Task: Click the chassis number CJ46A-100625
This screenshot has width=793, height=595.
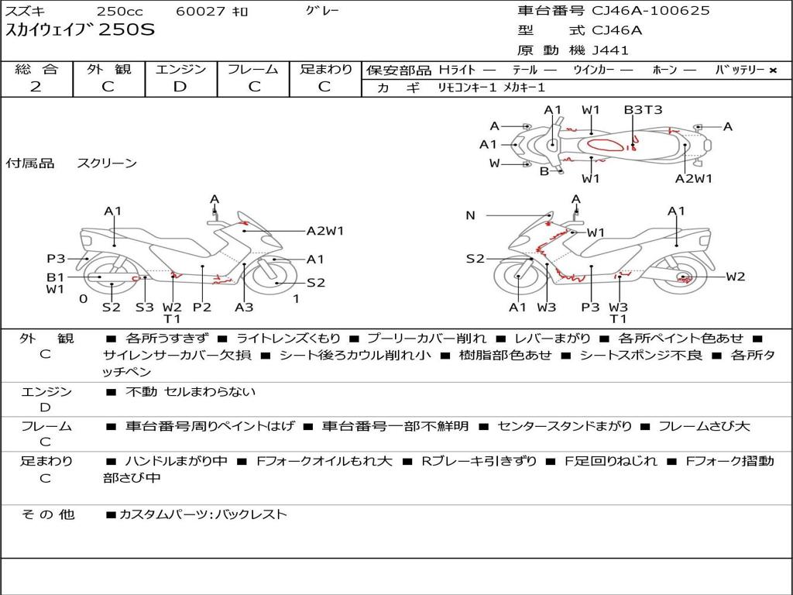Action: (x=651, y=11)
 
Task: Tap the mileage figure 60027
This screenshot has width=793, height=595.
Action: (x=200, y=11)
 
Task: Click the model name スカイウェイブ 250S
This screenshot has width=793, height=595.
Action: (x=80, y=30)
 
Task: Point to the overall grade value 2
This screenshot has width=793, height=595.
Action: (x=36, y=87)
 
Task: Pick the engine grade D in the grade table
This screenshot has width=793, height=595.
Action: (x=180, y=87)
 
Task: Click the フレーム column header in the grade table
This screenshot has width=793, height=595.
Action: (x=253, y=69)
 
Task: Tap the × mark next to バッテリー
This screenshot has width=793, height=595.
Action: (x=773, y=71)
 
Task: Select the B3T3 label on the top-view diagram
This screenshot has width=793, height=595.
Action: (x=643, y=110)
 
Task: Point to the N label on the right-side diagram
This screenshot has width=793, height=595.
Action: (x=470, y=215)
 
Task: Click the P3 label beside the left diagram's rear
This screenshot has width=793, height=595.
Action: (x=56, y=259)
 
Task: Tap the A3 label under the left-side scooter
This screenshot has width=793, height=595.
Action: (x=244, y=307)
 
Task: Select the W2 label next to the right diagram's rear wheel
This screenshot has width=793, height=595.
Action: (x=736, y=277)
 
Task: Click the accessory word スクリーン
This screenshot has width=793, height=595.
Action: (x=107, y=163)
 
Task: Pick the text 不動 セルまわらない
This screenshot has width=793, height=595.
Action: (x=191, y=391)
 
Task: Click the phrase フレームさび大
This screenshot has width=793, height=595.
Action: (x=703, y=426)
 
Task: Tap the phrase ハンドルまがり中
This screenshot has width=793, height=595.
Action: (x=176, y=461)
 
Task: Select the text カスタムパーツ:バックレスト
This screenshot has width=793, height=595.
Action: (x=203, y=514)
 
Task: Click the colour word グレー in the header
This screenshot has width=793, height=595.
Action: (x=322, y=11)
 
